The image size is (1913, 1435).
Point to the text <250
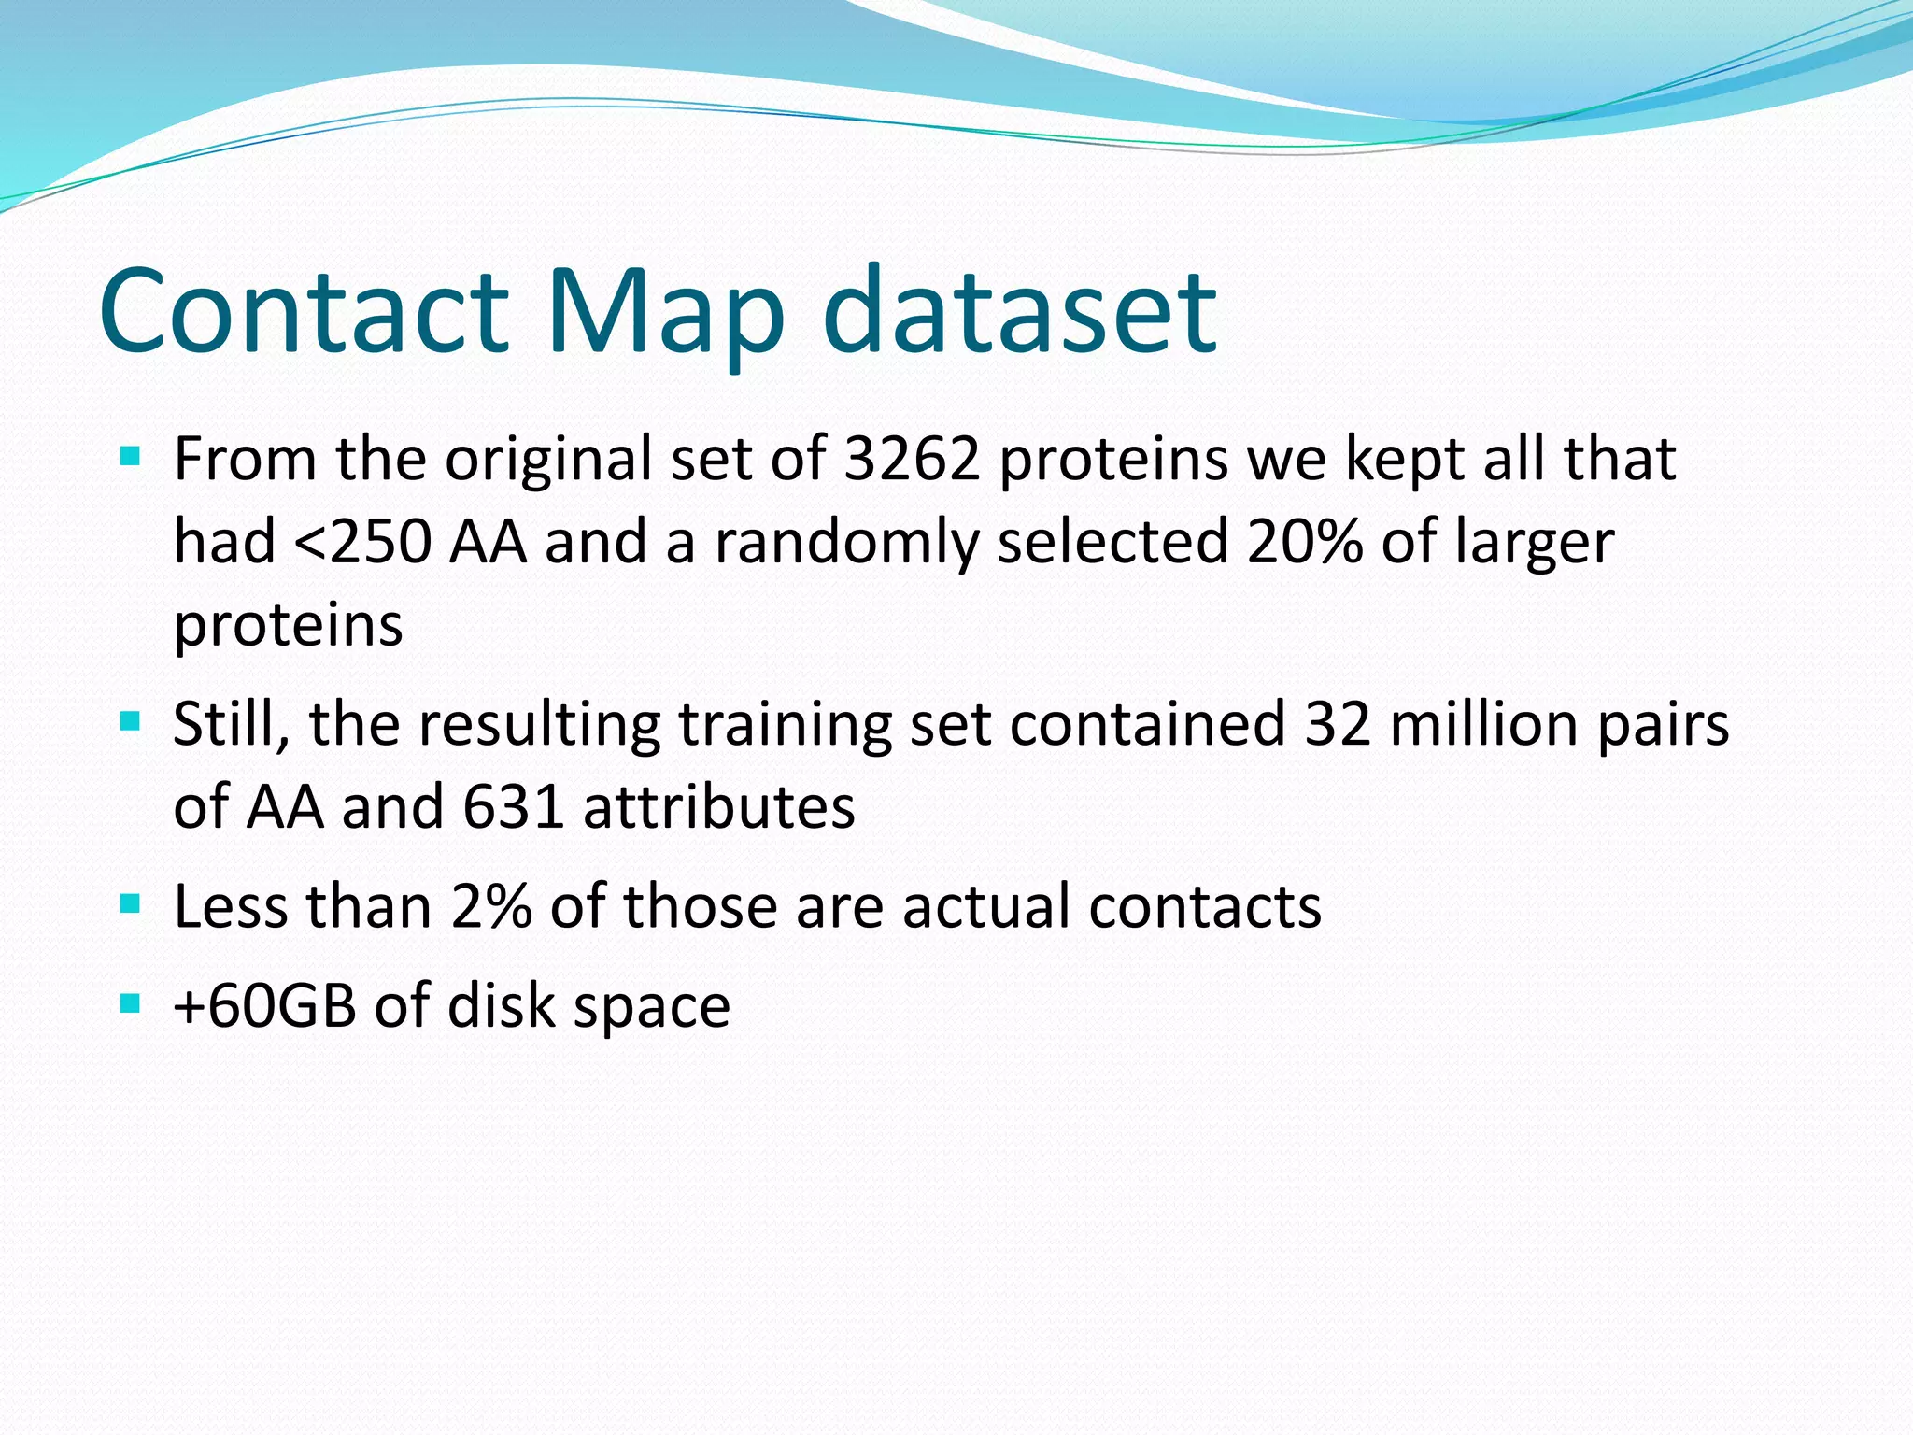pyautogui.click(x=362, y=542)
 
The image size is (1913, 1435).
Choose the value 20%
pyautogui.click(x=1304, y=542)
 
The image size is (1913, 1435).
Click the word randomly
pyautogui.click(x=846, y=542)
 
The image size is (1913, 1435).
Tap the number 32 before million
pyautogui.click(x=1337, y=723)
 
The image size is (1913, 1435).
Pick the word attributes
pyautogui.click(x=718, y=806)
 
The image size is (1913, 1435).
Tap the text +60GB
pyautogui.click(x=265, y=1006)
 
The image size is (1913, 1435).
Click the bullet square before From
pyautogui.click(x=131, y=458)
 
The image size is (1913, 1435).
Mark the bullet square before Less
pyautogui.click(x=131, y=904)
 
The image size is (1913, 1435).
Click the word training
pyautogui.click(x=785, y=723)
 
